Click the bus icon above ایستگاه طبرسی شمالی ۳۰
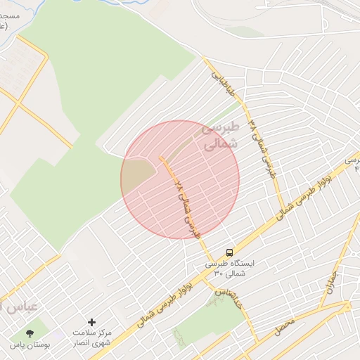pyautogui.click(x=229, y=252)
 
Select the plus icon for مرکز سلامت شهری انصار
pyautogui.click(x=91, y=322)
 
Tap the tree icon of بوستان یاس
pyautogui.click(x=30, y=333)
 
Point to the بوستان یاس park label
pyautogui.click(x=30, y=346)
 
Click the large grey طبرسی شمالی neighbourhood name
pyautogui.click(x=220, y=136)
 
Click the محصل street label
pyautogui.click(x=283, y=325)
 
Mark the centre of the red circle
pyautogui.click(x=180, y=179)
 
